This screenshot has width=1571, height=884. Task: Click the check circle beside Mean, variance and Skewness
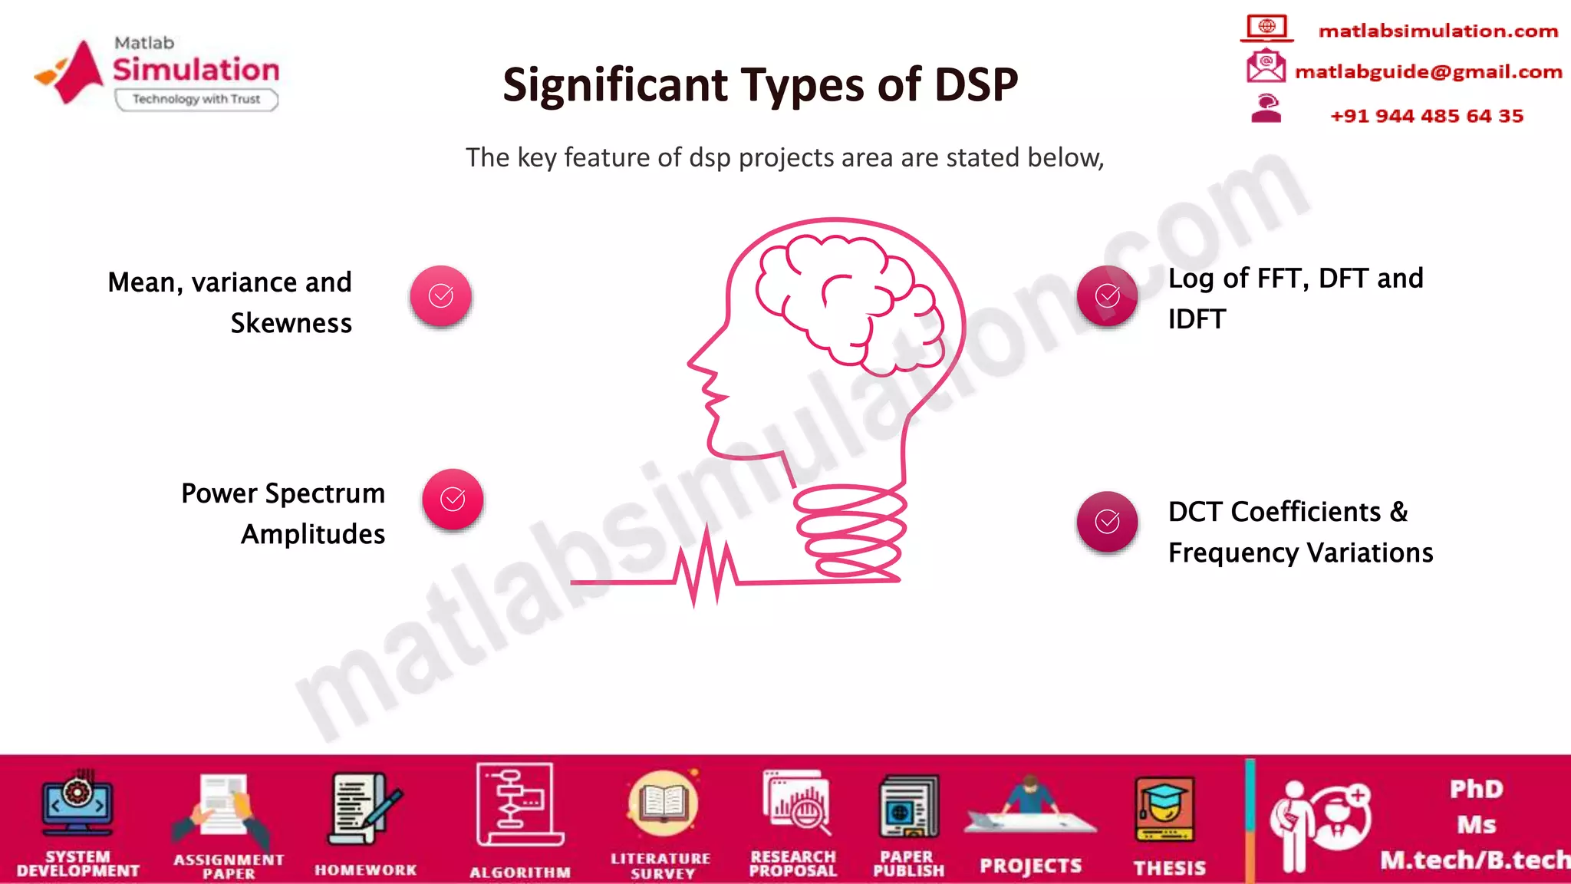(440, 295)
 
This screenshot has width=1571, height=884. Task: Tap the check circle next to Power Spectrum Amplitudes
(453, 499)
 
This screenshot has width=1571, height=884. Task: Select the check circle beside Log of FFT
(1107, 295)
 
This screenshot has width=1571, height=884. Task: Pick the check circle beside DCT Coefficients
(1107, 522)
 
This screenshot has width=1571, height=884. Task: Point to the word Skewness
(291, 323)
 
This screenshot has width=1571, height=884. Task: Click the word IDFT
(1197, 319)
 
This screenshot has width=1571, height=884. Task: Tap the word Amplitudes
(313, 534)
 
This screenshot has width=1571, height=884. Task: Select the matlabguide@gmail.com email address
(1428, 71)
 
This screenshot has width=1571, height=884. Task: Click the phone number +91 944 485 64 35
(1427, 116)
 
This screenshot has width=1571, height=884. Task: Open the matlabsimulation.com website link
(1438, 31)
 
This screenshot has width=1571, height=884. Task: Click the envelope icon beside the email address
(1266, 66)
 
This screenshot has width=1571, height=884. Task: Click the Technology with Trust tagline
(196, 99)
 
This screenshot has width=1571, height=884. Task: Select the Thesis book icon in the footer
(1164, 810)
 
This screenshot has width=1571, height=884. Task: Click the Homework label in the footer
(366, 870)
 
